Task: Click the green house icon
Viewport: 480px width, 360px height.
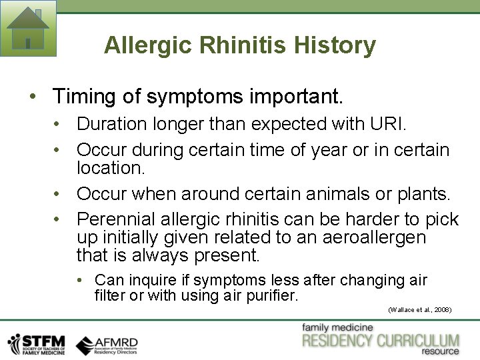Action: point(28,28)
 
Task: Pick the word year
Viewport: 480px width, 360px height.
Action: point(329,151)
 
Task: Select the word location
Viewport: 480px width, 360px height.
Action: point(109,168)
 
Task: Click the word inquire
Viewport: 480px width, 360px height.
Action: point(159,280)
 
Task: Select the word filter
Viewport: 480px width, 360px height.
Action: point(109,295)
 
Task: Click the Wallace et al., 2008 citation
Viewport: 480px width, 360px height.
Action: point(419,310)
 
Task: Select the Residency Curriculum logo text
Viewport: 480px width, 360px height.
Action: point(381,341)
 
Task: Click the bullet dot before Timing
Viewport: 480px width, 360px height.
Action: point(33,97)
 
